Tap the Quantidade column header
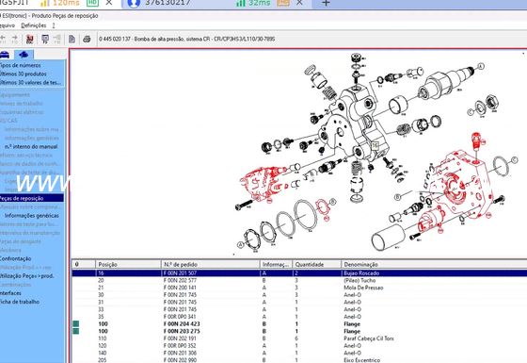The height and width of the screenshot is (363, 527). tap(311, 264)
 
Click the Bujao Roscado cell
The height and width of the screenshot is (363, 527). tap(367, 272)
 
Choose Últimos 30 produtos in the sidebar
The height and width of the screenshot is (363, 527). tap(26, 74)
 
